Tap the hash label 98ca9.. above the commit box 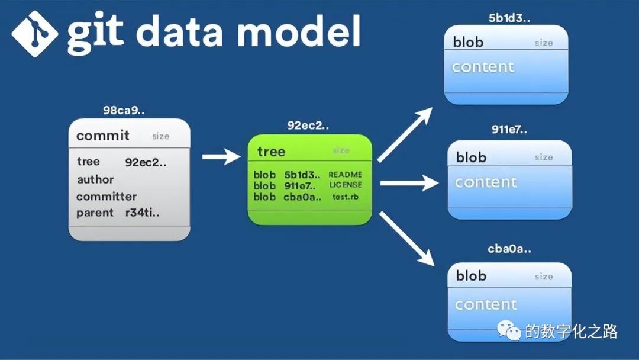(124, 111)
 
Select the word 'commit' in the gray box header (103, 136)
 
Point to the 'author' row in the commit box (95, 179)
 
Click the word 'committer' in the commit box (106, 197)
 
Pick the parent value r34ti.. (142, 213)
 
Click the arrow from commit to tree (222, 157)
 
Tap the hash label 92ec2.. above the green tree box (308, 126)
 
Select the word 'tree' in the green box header (272, 152)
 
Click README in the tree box (345, 175)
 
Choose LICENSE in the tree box (345, 185)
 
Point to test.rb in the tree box (345, 197)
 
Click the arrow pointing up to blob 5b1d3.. (409, 135)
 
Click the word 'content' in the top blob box (483, 67)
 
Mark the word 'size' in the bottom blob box (544, 277)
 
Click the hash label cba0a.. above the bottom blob (509, 249)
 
